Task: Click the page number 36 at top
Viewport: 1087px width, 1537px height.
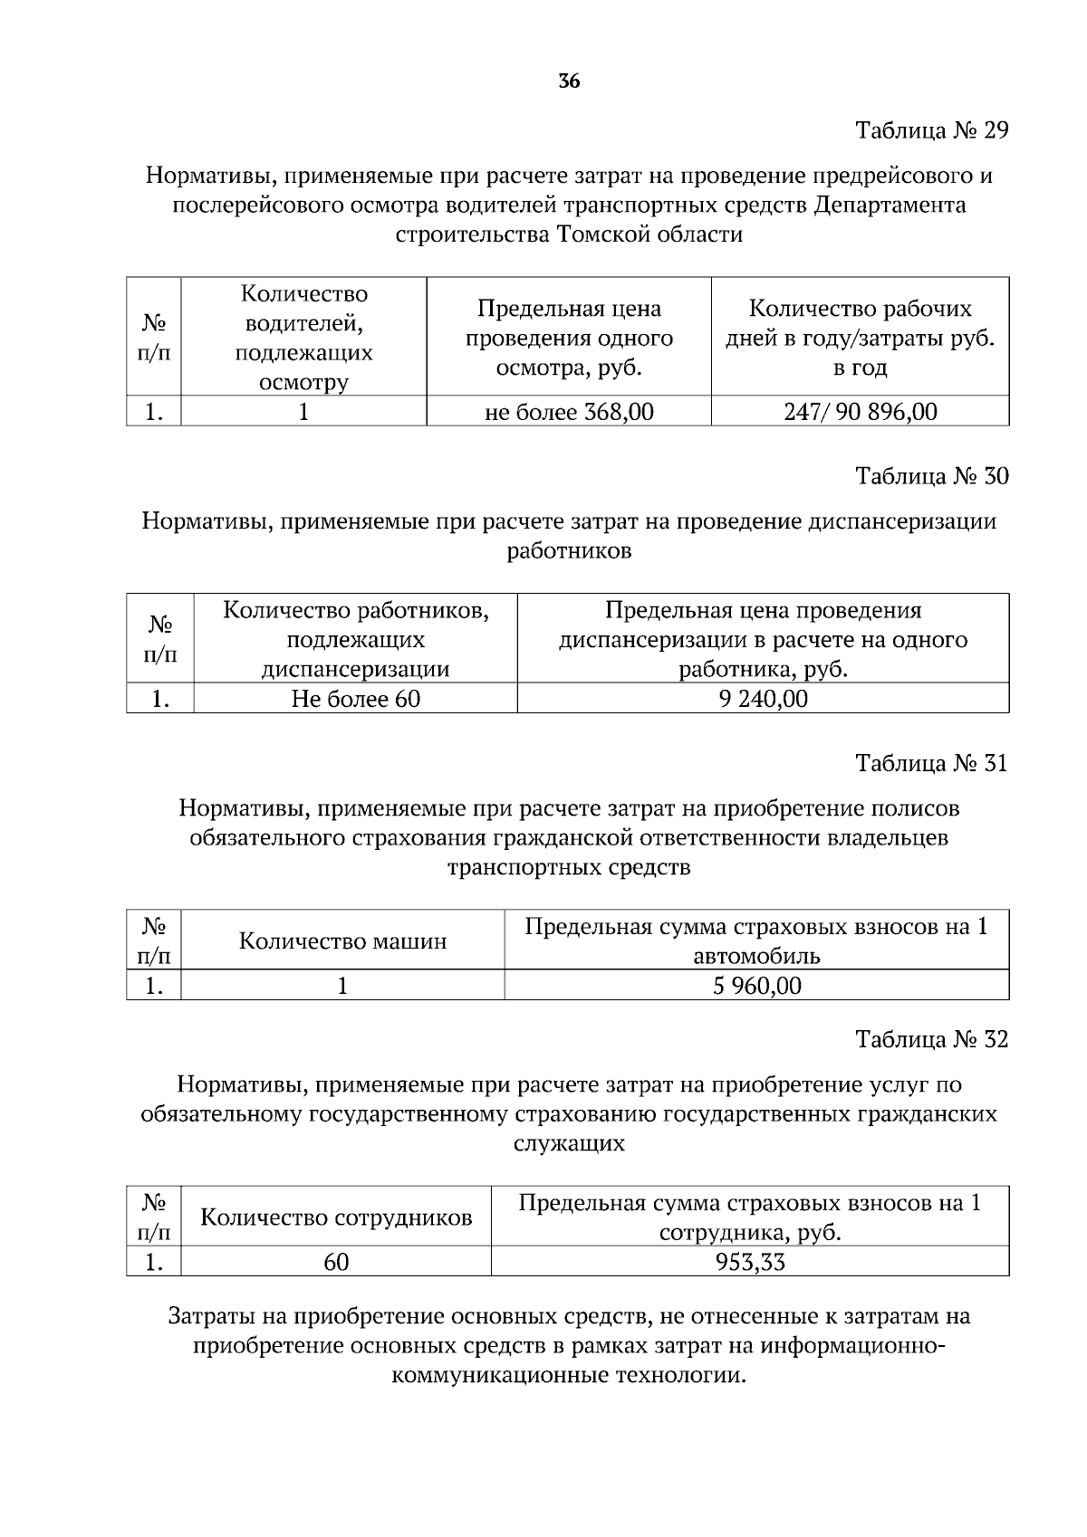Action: pos(569,81)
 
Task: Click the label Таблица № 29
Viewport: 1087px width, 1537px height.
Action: pos(932,130)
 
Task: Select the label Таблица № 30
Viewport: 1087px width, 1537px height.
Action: pos(932,476)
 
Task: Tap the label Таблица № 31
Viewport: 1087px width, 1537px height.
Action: pos(932,763)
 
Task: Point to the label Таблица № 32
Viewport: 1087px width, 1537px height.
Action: pos(932,1039)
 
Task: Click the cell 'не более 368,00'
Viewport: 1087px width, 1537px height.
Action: pos(569,413)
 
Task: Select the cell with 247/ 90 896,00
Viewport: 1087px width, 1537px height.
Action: pos(860,413)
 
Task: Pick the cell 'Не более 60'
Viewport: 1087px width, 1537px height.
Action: pos(355,699)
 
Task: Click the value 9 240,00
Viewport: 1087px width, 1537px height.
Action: pos(763,699)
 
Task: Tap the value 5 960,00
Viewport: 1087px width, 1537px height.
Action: pos(756,986)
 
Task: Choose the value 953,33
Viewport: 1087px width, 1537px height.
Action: pos(750,1262)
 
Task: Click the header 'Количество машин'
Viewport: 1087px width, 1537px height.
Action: pos(342,941)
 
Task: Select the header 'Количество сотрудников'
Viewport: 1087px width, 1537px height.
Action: pos(336,1217)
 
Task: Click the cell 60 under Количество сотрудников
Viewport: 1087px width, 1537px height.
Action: pos(336,1262)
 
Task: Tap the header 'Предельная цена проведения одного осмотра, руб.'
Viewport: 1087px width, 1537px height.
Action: pos(569,338)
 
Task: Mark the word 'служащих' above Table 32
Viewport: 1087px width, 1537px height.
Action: pos(569,1143)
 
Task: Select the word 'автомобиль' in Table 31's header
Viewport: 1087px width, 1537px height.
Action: pos(756,956)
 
